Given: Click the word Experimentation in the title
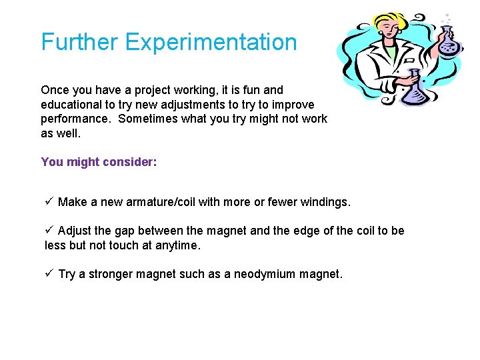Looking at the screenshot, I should tap(211, 43).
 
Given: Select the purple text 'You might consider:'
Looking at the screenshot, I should tap(99, 162).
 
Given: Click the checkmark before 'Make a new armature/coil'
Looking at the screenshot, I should tap(49, 201).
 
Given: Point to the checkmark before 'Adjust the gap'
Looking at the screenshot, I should tap(49, 231).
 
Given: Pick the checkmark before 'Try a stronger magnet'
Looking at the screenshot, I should tap(49, 273).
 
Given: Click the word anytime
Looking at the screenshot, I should tap(177, 245).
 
